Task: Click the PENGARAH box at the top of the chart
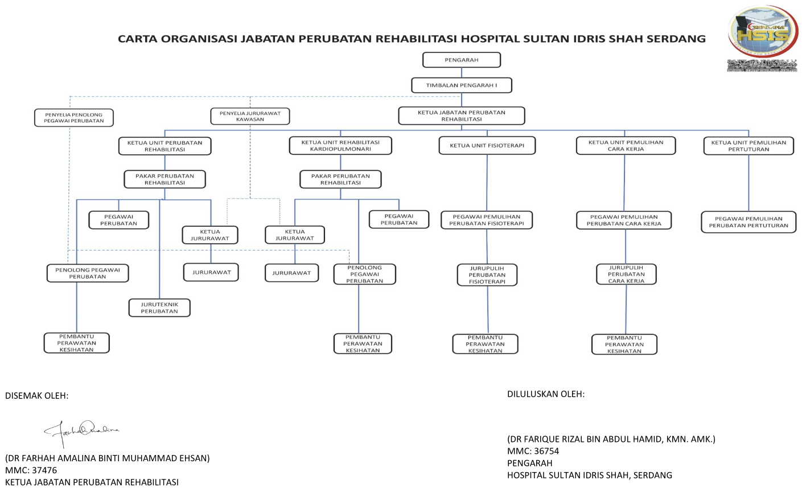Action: (x=461, y=60)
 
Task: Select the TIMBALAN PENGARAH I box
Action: (x=461, y=85)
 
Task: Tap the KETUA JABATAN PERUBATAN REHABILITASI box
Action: (x=461, y=116)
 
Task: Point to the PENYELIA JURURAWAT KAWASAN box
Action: (x=250, y=116)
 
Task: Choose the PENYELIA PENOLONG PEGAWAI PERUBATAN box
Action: (x=74, y=118)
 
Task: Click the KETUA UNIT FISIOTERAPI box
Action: (x=487, y=145)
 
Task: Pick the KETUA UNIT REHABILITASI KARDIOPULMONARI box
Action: (x=340, y=145)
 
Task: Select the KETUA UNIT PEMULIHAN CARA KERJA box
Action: (x=626, y=145)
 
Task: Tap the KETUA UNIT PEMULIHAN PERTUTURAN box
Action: (x=748, y=145)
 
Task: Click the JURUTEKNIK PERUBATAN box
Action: (x=159, y=307)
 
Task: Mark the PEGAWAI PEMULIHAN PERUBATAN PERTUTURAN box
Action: (x=748, y=222)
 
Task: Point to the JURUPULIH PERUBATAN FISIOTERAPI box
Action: (x=487, y=274)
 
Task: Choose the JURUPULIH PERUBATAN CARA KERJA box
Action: (x=626, y=274)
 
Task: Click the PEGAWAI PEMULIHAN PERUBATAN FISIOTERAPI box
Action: (x=487, y=220)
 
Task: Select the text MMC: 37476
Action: (x=31, y=470)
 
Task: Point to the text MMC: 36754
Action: (x=533, y=451)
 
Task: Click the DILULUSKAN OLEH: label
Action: (x=546, y=393)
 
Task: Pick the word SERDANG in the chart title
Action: (x=673, y=39)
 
